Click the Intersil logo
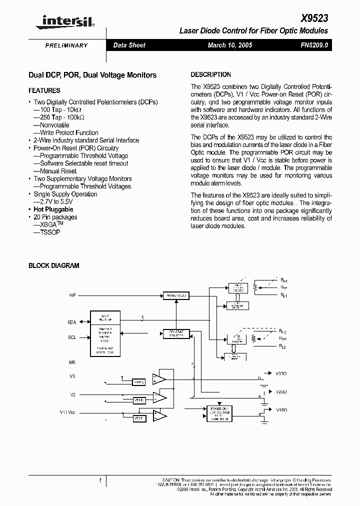[x=62, y=21]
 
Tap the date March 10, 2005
[x=230, y=45]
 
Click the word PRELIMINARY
[x=66, y=45]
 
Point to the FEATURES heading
[x=44, y=90]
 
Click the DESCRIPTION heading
[x=211, y=74]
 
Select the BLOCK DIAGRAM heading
[x=53, y=266]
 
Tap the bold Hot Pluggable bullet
[x=53, y=209]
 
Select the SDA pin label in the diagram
[x=72, y=322]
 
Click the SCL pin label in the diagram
[x=72, y=337]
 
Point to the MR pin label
[x=72, y=361]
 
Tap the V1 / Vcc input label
[x=68, y=412]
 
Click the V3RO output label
[x=281, y=373]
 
